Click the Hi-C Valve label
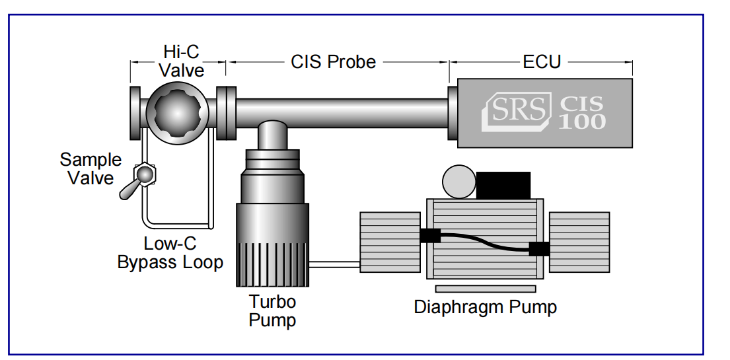tap(181, 60)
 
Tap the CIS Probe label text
tap(333, 62)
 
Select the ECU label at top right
tap(541, 62)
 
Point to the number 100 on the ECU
tap(581, 122)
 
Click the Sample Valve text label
tap(91, 168)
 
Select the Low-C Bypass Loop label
tap(170, 253)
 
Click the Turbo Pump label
tap(272, 311)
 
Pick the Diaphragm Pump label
tap(485, 307)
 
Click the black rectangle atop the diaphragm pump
tap(503, 185)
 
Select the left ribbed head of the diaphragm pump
tap(390, 242)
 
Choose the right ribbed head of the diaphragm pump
tap(579, 242)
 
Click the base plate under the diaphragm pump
tap(485, 289)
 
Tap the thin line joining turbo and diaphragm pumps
tap(334, 264)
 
